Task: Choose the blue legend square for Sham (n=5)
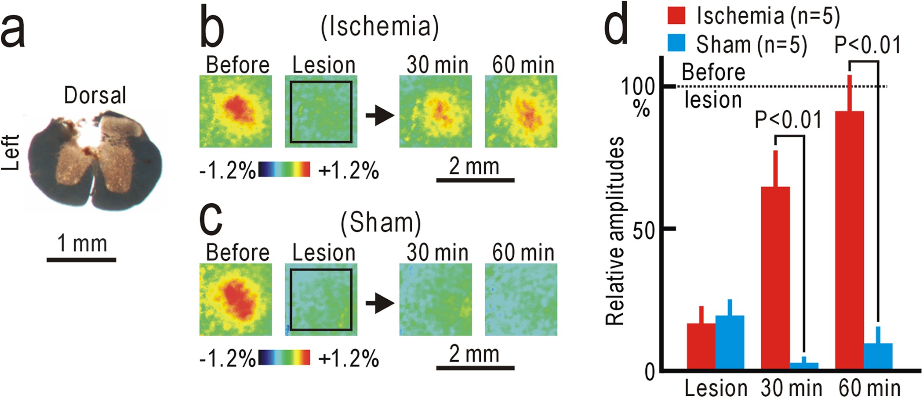[x=676, y=44]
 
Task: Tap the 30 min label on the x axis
[x=791, y=387]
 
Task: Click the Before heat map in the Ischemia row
[x=236, y=111]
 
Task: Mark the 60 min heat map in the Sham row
[x=521, y=299]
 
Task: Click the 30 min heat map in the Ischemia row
[x=436, y=111]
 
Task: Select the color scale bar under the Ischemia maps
[x=284, y=169]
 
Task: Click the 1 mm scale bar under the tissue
[x=81, y=260]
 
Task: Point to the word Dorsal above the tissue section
[x=95, y=95]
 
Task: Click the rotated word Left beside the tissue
[x=11, y=152]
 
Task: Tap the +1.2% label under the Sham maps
[x=349, y=359]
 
